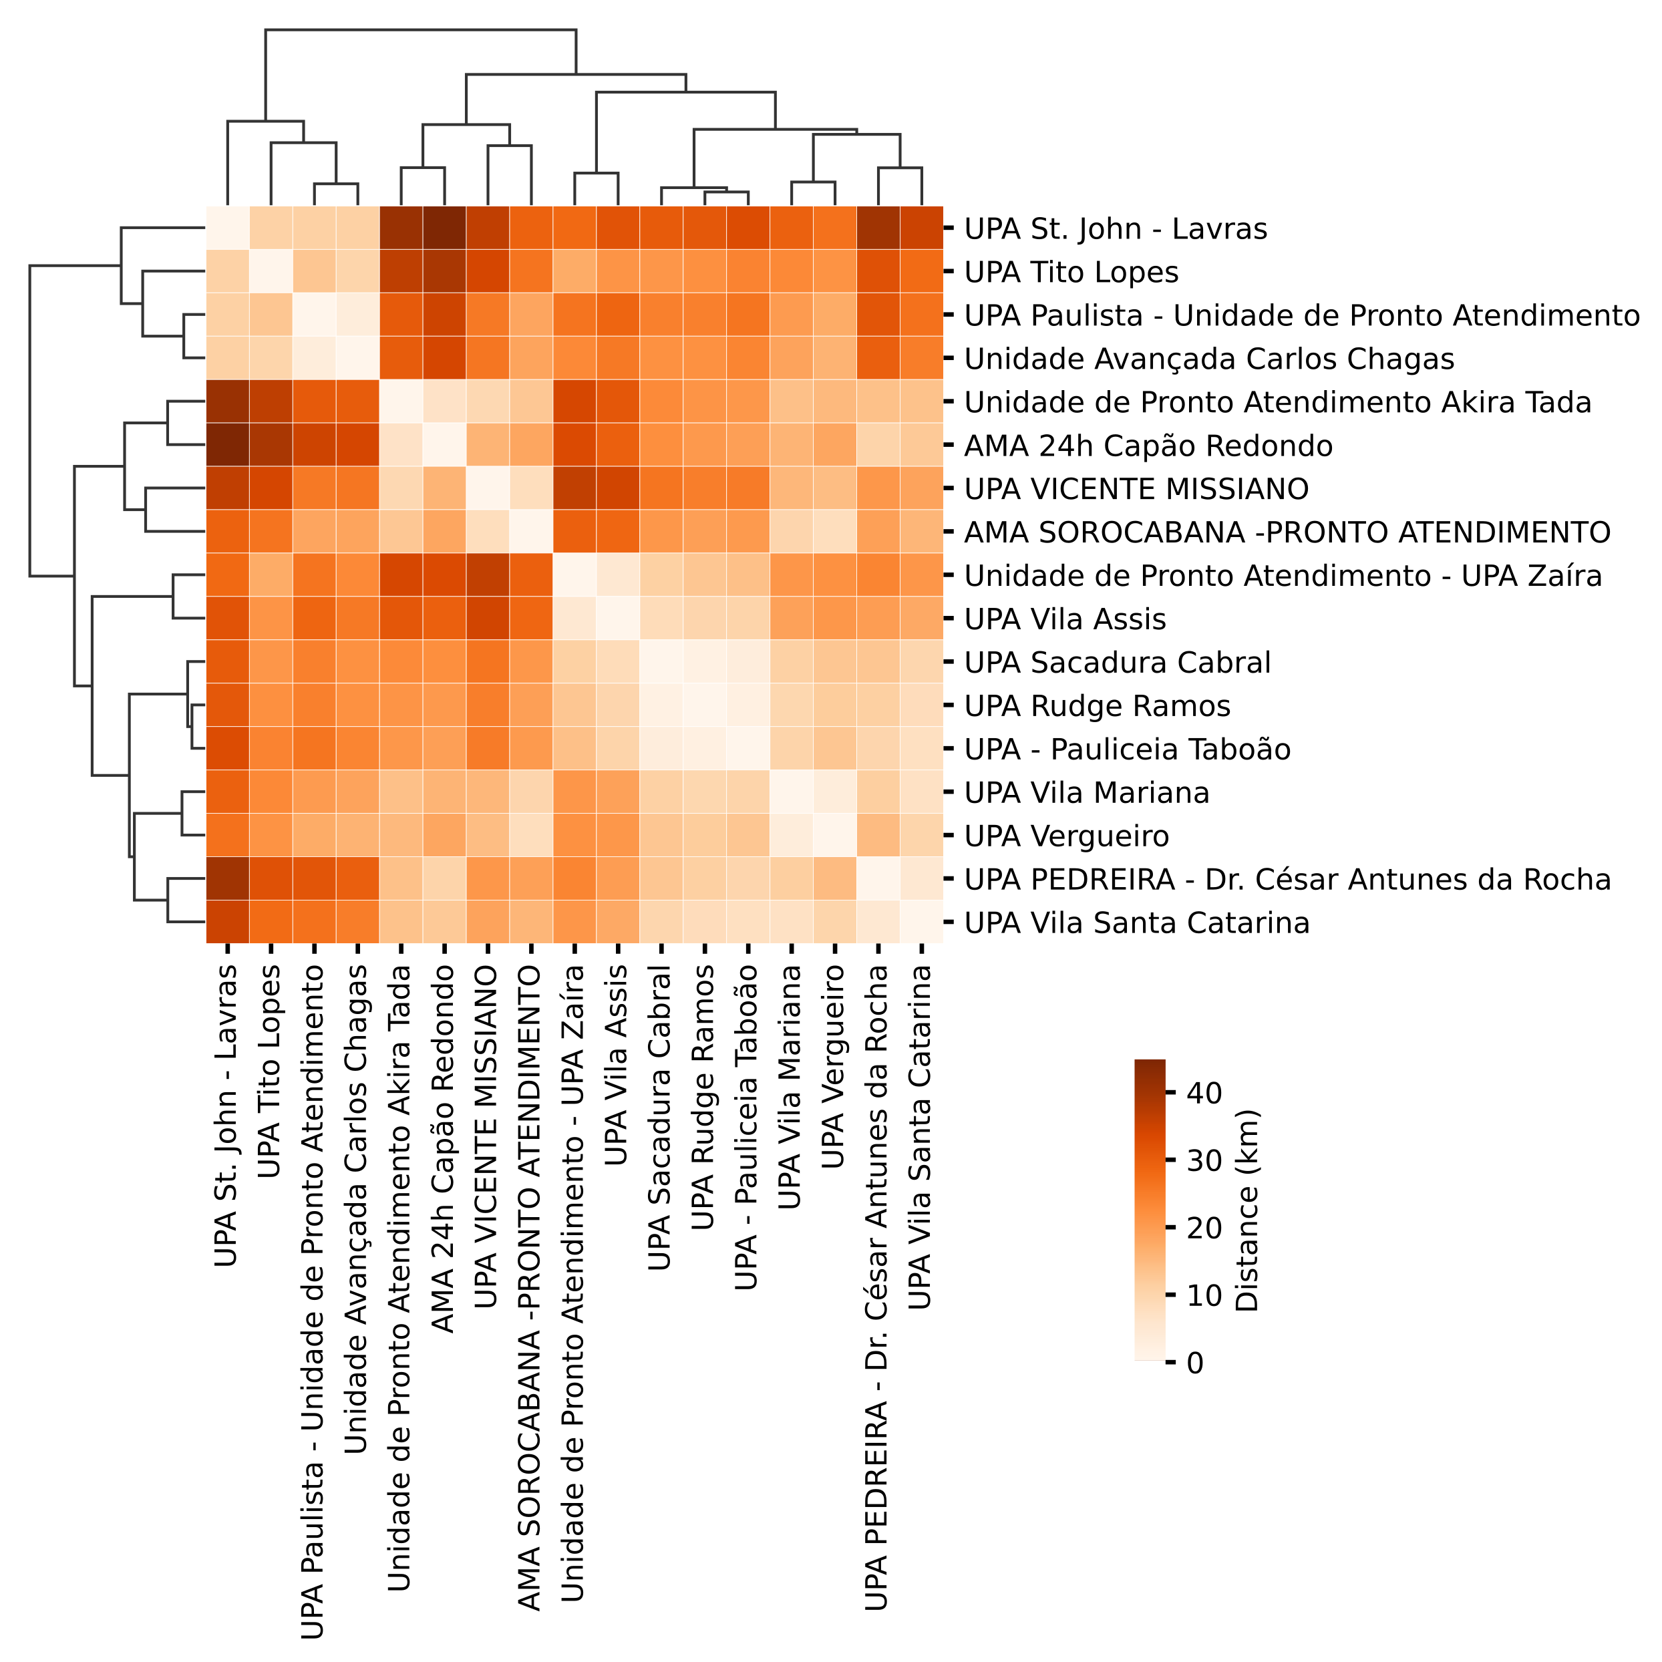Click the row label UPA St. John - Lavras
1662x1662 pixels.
coord(1115,229)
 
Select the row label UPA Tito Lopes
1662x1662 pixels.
coord(1070,272)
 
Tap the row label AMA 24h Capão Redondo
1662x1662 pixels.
coord(1148,446)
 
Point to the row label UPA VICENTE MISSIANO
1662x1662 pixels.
coord(1136,488)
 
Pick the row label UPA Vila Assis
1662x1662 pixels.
coord(1064,619)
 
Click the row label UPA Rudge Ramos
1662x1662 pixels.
coord(1097,705)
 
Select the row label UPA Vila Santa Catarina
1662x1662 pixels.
coord(1136,923)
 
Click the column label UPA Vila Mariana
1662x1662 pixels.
coord(790,1088)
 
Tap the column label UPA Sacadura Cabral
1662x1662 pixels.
coord(660,1118)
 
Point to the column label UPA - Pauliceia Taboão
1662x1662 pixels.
coord(747,1128)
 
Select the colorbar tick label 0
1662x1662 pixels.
coord(1195,1363)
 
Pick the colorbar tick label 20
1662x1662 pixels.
coord(1204,1228)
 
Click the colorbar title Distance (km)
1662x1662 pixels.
coord(1246,1210)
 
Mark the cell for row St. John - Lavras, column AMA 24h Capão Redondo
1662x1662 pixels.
coord(444,229)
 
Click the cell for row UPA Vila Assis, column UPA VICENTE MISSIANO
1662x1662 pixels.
coord(488,619)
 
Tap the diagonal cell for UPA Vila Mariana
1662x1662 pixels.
coord(790,792)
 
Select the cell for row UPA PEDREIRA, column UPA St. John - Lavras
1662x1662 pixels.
coord(227,879)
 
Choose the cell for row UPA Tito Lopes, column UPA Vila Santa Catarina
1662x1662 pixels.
coord(921,272)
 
